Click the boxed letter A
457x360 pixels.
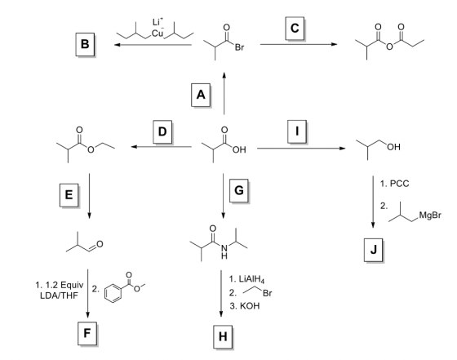click(201, 95)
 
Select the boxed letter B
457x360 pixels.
click(85, 44)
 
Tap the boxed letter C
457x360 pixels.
click(295, 29)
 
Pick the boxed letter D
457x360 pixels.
click(162, 131)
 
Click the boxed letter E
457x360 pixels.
click(69, 195)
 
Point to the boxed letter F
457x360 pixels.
click(87, 334)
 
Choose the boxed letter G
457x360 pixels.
click(238, 191)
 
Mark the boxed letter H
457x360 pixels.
click(223, 337)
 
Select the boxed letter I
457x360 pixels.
click(297, 131)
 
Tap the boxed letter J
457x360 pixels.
click(374, 250)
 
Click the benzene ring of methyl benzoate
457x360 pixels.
click(113, 293)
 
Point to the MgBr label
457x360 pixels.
click(430, 216)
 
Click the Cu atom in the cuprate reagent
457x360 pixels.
click(158, 33)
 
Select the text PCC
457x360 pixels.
click(399, 184)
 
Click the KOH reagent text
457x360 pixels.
click(250, 306)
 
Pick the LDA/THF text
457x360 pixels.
click(59, 296)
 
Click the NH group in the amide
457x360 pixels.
click(224, 251)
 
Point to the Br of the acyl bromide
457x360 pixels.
click(239, 47)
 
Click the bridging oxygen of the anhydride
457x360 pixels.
click(389, 47)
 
